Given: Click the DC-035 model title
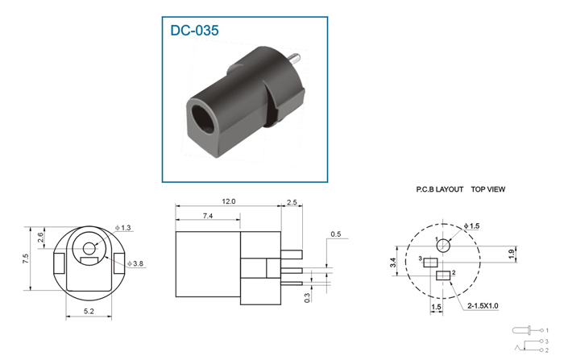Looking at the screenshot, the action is (x=194, y=31).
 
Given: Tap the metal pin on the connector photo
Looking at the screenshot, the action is (x=295, y=57).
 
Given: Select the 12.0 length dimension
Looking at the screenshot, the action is (x=228, y=201).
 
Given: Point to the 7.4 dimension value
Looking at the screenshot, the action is (x=208, y=216).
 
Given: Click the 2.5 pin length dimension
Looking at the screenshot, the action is (x=292, y=202).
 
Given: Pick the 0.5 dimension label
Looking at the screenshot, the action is (x=336, y=234).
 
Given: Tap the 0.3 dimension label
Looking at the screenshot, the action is (x=307, y=298).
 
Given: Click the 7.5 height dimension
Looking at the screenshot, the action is (x=26, y=259).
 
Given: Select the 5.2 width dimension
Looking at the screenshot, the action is (x=89, y=311).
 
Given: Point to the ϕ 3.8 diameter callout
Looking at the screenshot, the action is (x=135, y=263).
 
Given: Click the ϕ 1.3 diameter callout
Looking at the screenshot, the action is (x=123, y=228).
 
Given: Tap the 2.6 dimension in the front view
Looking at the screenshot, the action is (x=40, y=238).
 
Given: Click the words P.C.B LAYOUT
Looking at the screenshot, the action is (x=440, y=189).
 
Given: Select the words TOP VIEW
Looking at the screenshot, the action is (x=488, y=189).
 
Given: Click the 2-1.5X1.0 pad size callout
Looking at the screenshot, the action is (x=483, y=306).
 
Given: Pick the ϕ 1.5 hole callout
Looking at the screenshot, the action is (x=471, y=226).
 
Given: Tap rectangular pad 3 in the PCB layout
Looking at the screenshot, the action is (x=430, y=263).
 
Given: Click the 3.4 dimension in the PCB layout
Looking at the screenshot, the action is (x=393, y=263).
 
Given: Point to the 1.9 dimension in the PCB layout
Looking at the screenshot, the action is (x=511, y=254).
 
